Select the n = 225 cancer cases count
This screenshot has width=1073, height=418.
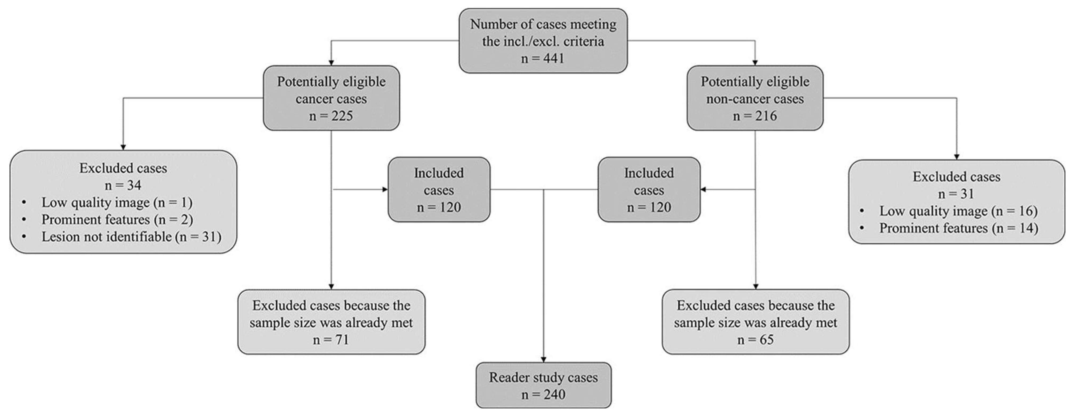[331, 116]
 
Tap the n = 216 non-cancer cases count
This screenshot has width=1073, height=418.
[755, 116]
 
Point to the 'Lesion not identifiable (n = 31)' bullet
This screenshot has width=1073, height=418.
[131, 237]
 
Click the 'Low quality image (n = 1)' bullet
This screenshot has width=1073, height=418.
[117, 203]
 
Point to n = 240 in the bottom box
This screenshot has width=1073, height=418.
[543, 394]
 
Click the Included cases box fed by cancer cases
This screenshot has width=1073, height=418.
[439, 190]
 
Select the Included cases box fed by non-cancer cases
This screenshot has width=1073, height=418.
[649, 190]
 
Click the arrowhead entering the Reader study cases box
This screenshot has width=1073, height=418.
[543, 360]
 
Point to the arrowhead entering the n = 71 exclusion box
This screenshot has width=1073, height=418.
[331, 287]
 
